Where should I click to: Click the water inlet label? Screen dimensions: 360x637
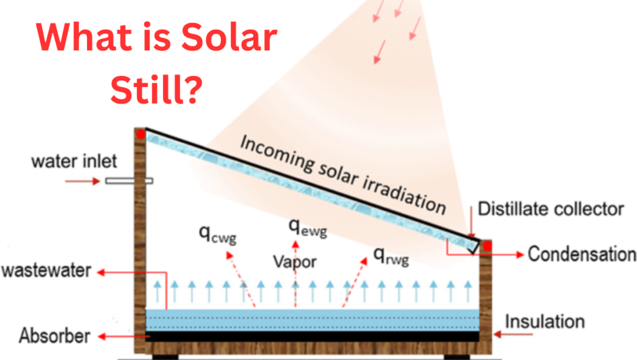click(74, 162)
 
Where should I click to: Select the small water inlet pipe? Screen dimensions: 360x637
click(129, 181)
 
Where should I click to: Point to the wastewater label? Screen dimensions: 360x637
click(47, 271)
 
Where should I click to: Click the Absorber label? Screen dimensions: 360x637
click(54, 336)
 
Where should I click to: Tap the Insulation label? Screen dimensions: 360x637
click(544, 321)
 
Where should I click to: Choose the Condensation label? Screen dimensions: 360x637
click(582, 254)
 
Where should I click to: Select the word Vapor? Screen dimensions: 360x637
click(294, 262)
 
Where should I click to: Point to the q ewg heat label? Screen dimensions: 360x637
click(307, 227)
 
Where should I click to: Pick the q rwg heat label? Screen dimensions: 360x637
click(391, 254)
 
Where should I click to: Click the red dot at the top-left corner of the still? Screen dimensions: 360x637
click(141, 133)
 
